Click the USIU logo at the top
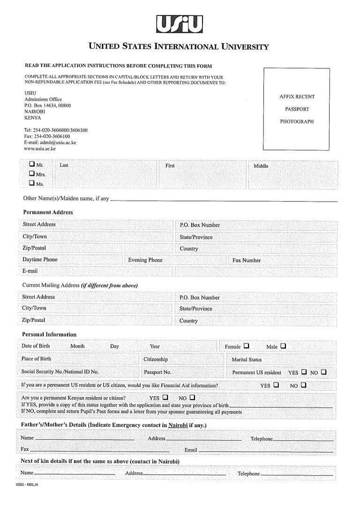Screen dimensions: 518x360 [180, 24]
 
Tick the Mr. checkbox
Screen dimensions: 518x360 [31, 164]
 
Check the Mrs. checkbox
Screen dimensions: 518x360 [31, 174]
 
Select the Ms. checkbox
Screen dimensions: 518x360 [31, 183]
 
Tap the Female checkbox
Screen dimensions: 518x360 [246, 347]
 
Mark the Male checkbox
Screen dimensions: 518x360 [283, 347]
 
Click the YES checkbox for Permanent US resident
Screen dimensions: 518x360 [304, 372]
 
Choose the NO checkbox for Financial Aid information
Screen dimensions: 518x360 [304, 385]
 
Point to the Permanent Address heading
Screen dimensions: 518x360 [48, 212]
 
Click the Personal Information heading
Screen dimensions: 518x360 [49, 334]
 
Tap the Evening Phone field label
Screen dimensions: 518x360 [145, 260]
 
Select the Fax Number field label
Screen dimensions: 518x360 [246, 260]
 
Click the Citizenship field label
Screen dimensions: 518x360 [156, 359]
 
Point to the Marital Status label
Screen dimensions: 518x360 [247, 360]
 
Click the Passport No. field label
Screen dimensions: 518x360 [157, 372]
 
